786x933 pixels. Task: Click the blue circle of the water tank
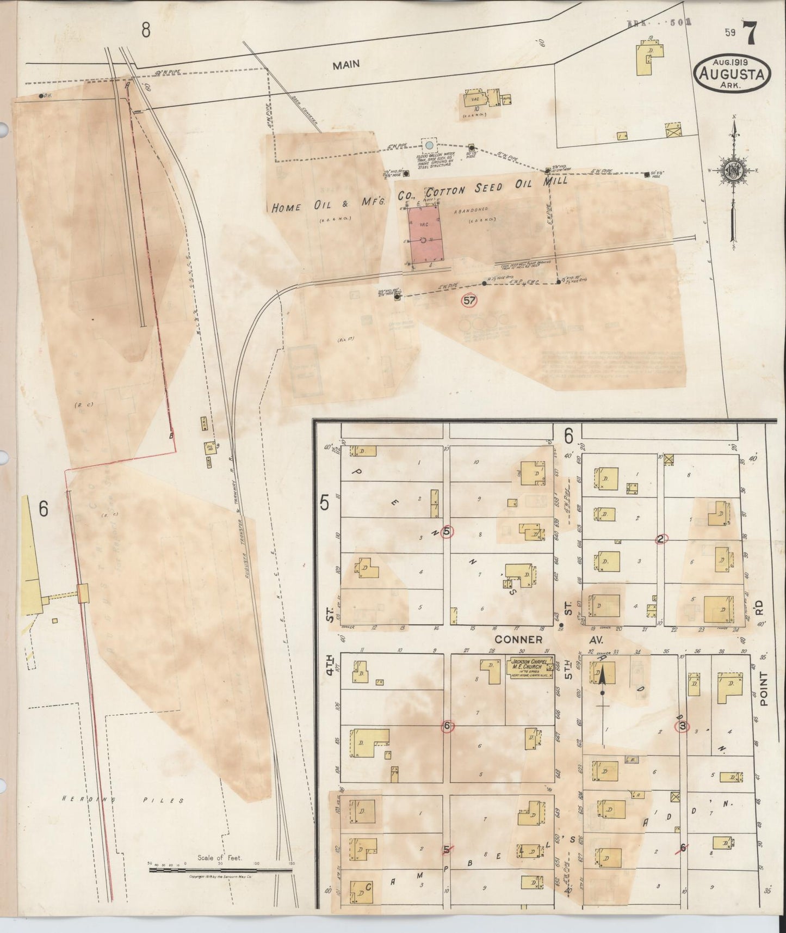pos(429,146)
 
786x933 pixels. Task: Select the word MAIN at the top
pos(346,65)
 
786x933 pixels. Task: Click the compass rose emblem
pos(732,171)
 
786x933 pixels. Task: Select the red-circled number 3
pos(681,726)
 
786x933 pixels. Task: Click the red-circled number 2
pos(660,539)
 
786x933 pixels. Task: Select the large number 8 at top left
pos(146,30)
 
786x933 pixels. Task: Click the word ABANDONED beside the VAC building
pos(469,209)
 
